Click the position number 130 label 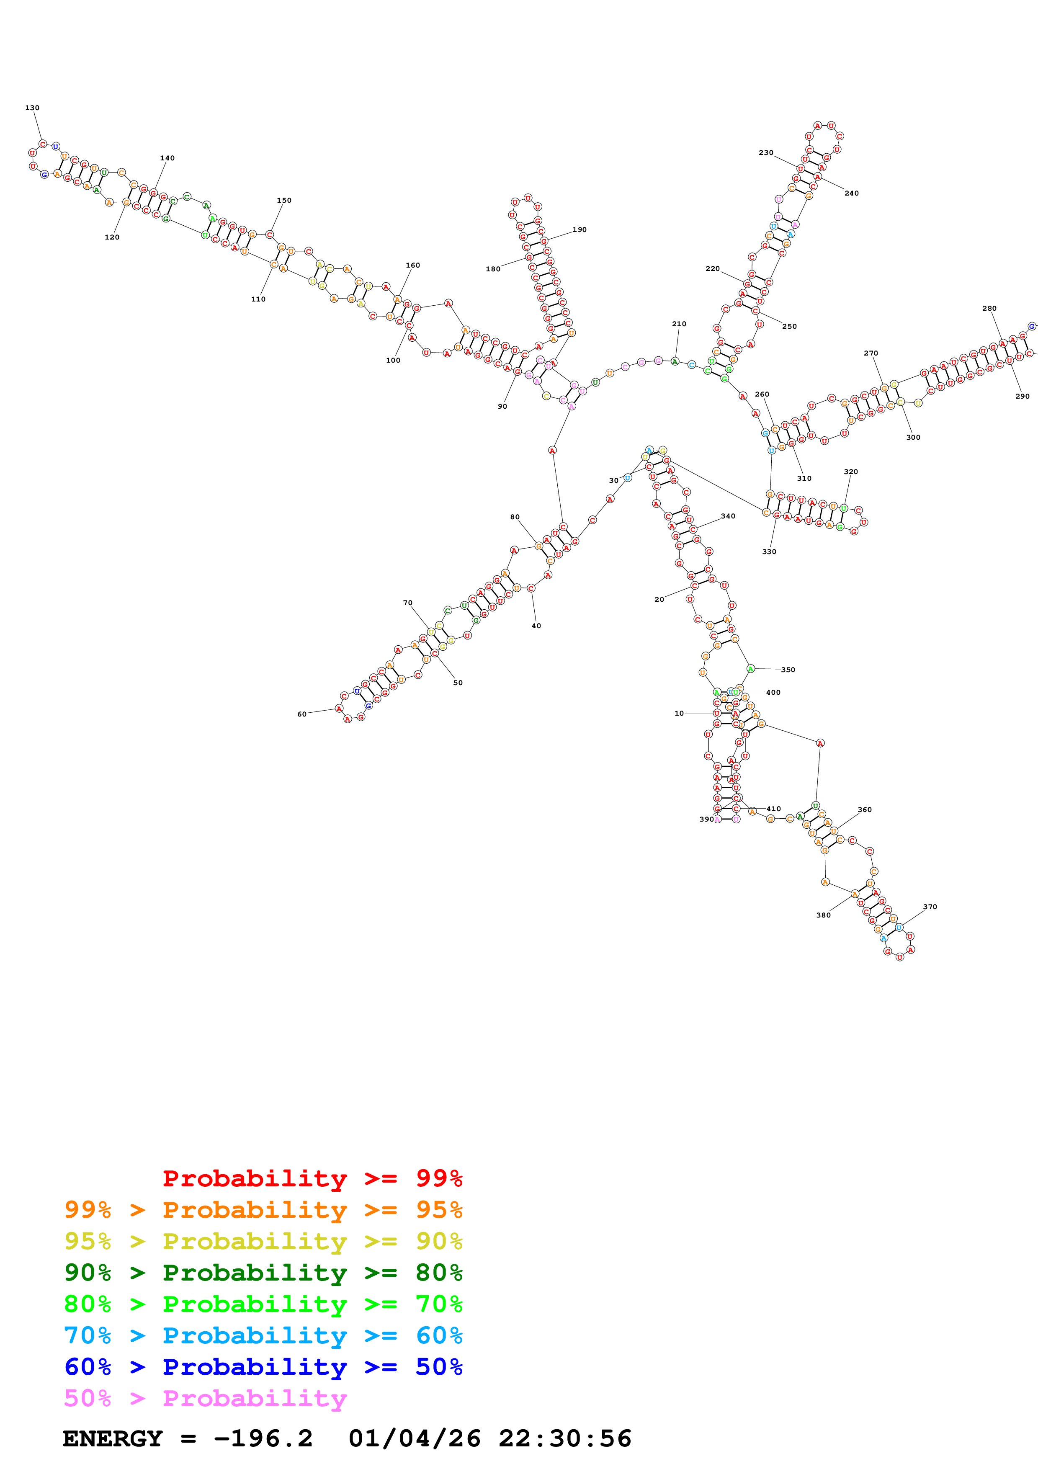(x=32, y=108)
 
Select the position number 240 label (x=851, y=193)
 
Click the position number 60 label (x=302, y=714)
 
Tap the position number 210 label (x=679, y=324)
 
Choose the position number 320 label (x=850, y=472)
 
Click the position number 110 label (x=258, y=299)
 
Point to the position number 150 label (x=284, y=200)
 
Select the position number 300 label (x=913, y=438)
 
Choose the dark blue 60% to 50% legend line (x=263, y=1367)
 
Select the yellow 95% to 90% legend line (x=263, y=1241)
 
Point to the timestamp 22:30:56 (x=565, y=1438)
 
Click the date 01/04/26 (x=415, y=1438)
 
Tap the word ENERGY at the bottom (x=113, y=1438)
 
